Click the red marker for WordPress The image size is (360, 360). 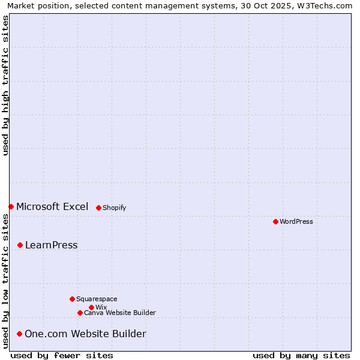pyautogui.click(x=275, y=221)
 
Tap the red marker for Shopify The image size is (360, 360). pyautogui.click(x=98, y=208)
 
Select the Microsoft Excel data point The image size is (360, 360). pyautogui.click(x=11, y=206)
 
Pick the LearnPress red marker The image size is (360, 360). pyautogui.click(x=20, y=245)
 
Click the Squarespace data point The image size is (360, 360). pyautogui.click(x=72, y=299)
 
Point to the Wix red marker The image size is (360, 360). pyautogui.click(x=91, y=307)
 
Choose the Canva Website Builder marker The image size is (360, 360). pyautogui.click(x=80, y=313)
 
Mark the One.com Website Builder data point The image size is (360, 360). pyautogui.click(x=19, y=334)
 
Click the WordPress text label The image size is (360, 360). pyautogui.click(x=296, y=221)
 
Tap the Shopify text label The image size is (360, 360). pyautogui.click(x=114, y=208)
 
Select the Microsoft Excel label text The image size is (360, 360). pyautogui.click(x=52, y=206)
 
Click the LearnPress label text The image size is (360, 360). pyautogui.click(x=51, y=245)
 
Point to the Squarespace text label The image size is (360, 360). pyautogui.click(x=97, y=299)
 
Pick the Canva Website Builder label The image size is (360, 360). pyautogui.click(x=120, y=313)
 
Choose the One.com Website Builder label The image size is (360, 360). pyautogui.click(x=85, y=334)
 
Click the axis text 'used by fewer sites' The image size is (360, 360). pyautogui.click(x=62, y=355)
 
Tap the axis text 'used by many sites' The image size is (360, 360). pyautogui.click(x=301, y=355)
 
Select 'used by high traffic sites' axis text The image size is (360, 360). pyautogui.click(x=5, y=86)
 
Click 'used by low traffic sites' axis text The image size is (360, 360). pyautogui.click(x=5, y=280)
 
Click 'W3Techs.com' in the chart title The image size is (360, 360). pyautogui.click(x=325, y=5)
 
